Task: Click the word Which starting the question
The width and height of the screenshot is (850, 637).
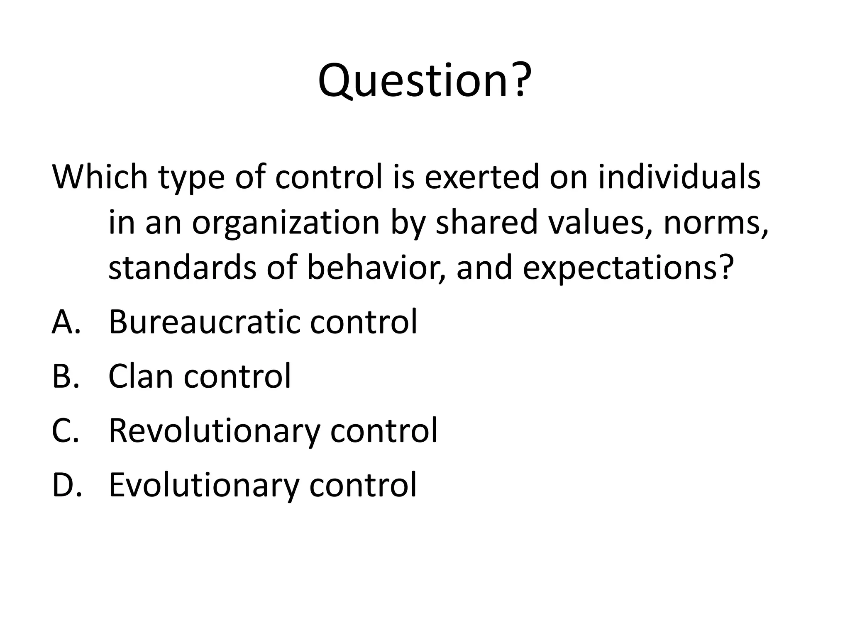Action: point(100,177)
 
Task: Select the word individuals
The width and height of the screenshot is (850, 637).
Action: point(679,177)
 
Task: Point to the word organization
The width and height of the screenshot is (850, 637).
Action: point(286,223)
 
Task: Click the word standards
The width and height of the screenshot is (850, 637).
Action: point(182,268)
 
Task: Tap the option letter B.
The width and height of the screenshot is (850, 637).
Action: point(65,376)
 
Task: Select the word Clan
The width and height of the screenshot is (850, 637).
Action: point(140,376)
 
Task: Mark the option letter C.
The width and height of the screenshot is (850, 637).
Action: point(65,430)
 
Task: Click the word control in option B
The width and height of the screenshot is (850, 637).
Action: point(237,376)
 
